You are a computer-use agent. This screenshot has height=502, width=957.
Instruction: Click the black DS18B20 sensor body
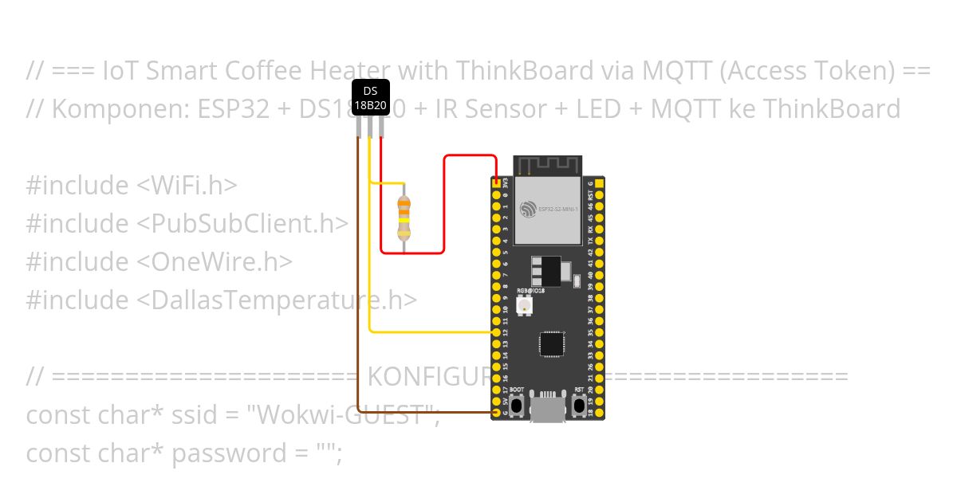[370, 97]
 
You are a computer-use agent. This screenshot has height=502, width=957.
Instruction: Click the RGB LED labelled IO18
[524, 306]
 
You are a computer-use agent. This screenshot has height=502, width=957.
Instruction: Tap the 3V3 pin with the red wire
[496, 183]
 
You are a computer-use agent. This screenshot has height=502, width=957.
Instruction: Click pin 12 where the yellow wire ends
[496, 331]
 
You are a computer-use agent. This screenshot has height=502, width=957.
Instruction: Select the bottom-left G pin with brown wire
[496, 413]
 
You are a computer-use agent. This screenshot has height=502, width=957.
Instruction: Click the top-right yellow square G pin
[600, 183]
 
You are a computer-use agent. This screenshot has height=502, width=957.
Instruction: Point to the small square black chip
[551, 343]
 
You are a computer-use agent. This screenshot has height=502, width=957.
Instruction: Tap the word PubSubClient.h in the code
[243, 223]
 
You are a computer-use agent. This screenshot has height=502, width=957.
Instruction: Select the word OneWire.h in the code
[215, 261]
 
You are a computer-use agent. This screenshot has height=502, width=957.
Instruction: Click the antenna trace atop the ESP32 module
[547, 165]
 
